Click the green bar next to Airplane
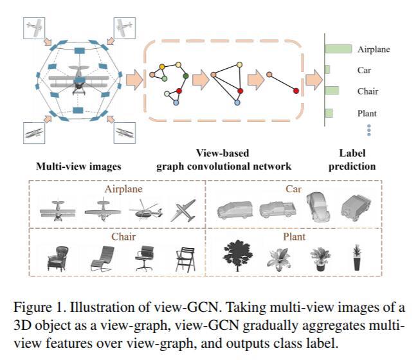(339, 49)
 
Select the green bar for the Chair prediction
(332, 91)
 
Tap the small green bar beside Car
(328, 69)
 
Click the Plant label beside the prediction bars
(367, 113)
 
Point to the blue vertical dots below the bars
(369, 129)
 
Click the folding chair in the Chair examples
(185, 257)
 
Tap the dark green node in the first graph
(186, 76)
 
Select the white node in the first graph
(167, 94)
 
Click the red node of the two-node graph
(296, 91)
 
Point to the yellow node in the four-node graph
(239, 65)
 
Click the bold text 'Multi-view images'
(78, 166)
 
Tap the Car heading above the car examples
(293, 189)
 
